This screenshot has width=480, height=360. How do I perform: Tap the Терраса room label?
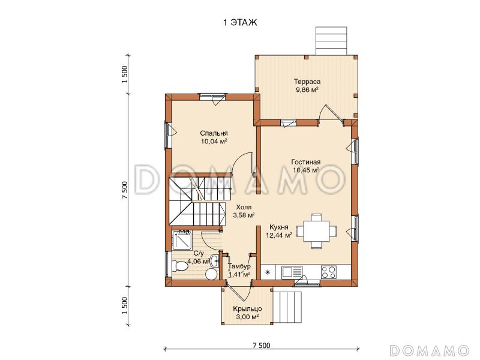click(x=307, y=82)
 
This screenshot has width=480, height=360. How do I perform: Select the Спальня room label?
click(x=214, y=133)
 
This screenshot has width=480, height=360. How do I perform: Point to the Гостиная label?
click(x=306, y=162)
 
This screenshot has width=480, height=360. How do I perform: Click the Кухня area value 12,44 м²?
click(x=279, y=235)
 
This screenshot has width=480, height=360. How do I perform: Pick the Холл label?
click(x=244, y=208)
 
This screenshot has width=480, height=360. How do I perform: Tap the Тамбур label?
click(x=239, y=266)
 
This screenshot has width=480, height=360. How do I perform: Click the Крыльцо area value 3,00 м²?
click(x=247, y=317)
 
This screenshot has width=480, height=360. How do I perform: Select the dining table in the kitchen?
click(x=317, y=231)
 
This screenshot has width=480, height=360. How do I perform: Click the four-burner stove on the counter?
click(x=328, y=272)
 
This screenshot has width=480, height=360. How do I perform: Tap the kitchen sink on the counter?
click(x=292, y=272)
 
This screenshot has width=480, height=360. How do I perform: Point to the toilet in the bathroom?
click(x=179, y=266)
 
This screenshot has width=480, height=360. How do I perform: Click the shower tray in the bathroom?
click(x=182, y=241)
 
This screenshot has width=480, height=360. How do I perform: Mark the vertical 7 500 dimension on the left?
click(x=124, y=190)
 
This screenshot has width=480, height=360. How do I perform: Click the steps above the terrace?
click(x=332, y=41)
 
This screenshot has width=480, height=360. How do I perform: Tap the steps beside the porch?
click(x=287, y=307)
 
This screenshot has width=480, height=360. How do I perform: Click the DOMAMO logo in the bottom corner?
click(x=429, y=350)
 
